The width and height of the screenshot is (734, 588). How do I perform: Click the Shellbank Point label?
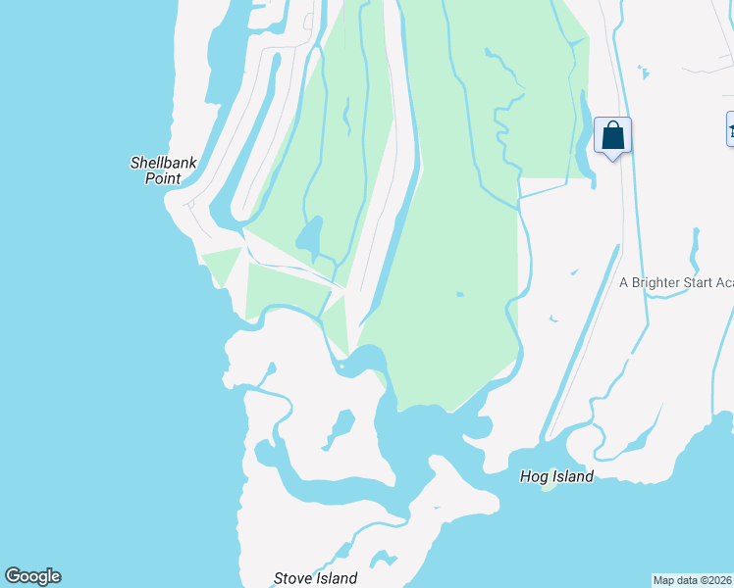(156, 171)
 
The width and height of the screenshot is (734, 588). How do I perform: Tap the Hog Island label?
(556, 476)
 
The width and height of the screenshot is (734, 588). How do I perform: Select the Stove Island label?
(315, 578)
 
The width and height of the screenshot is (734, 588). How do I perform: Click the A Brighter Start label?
(676, 282)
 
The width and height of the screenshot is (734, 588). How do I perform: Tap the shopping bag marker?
(612, 136)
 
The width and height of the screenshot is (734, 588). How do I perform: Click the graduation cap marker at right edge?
(730, 128)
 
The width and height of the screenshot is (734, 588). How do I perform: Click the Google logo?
(32, 576)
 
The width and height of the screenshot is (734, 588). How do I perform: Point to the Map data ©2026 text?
(693, 580)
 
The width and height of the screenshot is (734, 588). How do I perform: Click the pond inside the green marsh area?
(309, 236)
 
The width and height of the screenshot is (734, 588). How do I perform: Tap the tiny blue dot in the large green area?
(459, 293)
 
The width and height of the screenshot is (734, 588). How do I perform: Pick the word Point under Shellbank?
(163, 178)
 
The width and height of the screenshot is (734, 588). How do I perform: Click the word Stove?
(291, 578)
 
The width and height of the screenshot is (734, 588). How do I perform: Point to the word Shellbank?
(156, 163)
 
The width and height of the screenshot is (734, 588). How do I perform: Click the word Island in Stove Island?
(337, 578)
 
